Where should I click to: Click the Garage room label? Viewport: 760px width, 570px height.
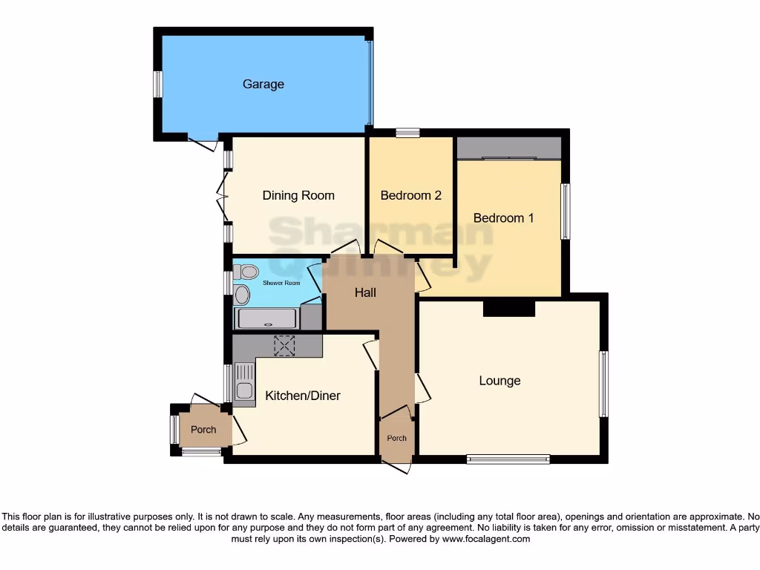[x=263, y=85]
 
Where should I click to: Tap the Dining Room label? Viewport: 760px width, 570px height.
[x=298, y=196]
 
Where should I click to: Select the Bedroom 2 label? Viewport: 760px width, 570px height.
[x=410, y=196]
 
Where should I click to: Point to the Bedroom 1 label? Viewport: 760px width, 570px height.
[x=504, y=218]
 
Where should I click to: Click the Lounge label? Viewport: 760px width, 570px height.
[x=499, y=381]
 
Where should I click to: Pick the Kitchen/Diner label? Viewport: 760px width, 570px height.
[x=303, y=396]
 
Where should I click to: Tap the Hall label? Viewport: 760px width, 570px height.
[x=365, y=292]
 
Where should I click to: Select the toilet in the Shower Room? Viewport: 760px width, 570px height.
[x=247, y=272]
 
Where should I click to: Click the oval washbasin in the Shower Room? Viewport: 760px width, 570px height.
[x=242, y=295]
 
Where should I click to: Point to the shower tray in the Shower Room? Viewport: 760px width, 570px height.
[x=266, y=319]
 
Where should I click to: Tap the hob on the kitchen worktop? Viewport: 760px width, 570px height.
[x=284, y=345]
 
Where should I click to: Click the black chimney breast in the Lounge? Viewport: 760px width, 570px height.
[x=508, y=308]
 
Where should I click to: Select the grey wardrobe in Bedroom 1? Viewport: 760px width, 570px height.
[x=508, y=148]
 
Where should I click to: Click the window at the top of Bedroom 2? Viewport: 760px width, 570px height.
[x=407, y=133]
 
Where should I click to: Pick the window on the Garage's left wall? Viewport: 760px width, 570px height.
[x=157, y=84]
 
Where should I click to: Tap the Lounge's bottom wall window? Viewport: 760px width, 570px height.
[x=508, y=459]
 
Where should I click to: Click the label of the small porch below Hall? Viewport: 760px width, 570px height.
[x=397, y=438]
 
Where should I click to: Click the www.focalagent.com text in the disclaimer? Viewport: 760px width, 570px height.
[x=485, y=539]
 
